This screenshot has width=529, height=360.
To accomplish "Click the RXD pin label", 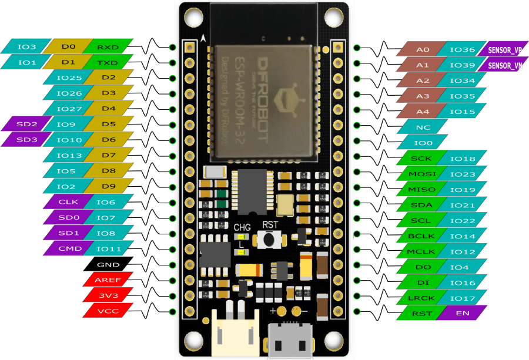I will click(108, 47).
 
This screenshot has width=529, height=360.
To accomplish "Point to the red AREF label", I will click(108, 280).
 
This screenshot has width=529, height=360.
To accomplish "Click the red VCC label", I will click(108, 311).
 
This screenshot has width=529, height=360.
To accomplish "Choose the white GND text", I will click(108, 264).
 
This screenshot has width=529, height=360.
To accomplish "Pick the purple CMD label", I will click(66, 248).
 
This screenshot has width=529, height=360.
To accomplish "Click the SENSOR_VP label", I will click(504, 50).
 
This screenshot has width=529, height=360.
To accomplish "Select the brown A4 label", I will click(423, 112).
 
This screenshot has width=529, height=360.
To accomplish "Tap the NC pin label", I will click(423, 127).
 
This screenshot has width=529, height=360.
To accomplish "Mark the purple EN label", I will click(463, 313).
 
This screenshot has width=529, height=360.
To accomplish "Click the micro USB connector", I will click(289, 340).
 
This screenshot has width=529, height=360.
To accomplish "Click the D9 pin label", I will click(108, 186).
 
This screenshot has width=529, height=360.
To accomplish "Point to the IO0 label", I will click(423, 142).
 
